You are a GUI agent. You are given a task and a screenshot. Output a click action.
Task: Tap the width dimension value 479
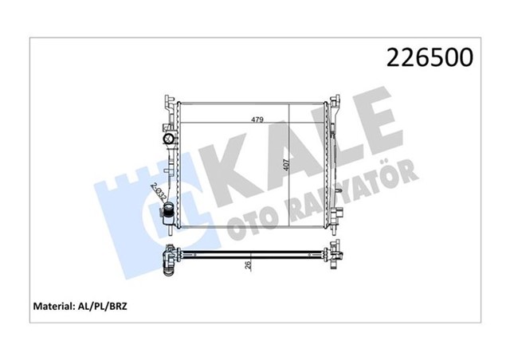pyautogui.click(x=253, y=121)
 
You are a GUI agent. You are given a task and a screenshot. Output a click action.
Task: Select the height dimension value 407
pyautogui.click(x=284, y=166)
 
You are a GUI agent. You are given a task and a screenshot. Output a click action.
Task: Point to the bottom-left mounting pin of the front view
pyautogui.click(x=174, y=231)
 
